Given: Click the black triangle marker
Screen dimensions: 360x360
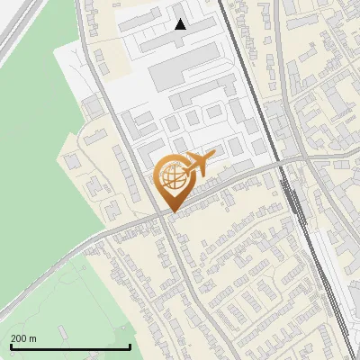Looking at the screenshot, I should pyautogui.click(x=180, y=24).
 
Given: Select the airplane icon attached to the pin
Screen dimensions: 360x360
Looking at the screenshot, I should pyautogui.click(x=199, y=163).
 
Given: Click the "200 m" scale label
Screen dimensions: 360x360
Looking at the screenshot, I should pyautogui.click(x=23, y=338).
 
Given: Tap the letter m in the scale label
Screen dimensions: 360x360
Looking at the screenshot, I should pyautogui.click(x=33, y=338).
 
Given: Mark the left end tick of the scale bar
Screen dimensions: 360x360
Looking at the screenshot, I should pyautogui.click(x=10, y=346).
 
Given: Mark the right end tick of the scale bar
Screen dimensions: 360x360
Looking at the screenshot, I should pyautogui.click(x=130, y=346).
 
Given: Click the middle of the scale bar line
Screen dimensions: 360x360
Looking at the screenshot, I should pyautogui.click(x=70, y=346).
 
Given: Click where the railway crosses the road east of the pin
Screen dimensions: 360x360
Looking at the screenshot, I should pyautogui.click(x=286, y=165).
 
